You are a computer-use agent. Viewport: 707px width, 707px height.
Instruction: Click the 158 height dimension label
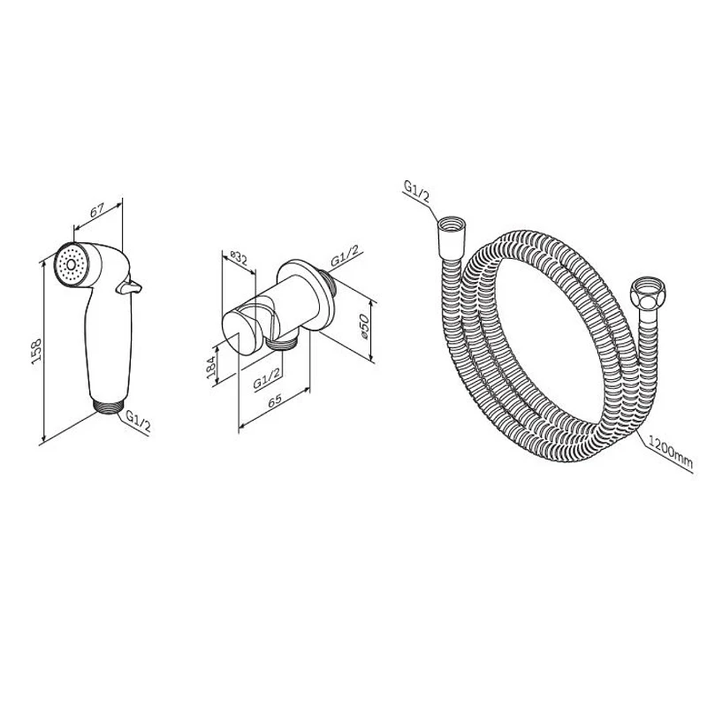pyautogui.click(x=36, y=349)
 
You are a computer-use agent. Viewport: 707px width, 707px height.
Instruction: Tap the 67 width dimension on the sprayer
pyautogui.click(x=97, y=209)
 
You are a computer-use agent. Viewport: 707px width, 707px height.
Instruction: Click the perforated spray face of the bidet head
pyautogui.click(x=70, y=264)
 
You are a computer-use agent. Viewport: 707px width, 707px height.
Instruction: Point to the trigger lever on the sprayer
pyautogui.click(x=129, y=286)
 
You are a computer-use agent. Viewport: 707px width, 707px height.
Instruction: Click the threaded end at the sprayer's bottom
pyautogui.click(x=109, y=405)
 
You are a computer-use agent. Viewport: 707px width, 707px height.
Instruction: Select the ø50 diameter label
pyautogui.click(x=364, y=327)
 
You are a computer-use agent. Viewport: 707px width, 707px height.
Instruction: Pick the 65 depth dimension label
pyautogui.click(x=275, y=400)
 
